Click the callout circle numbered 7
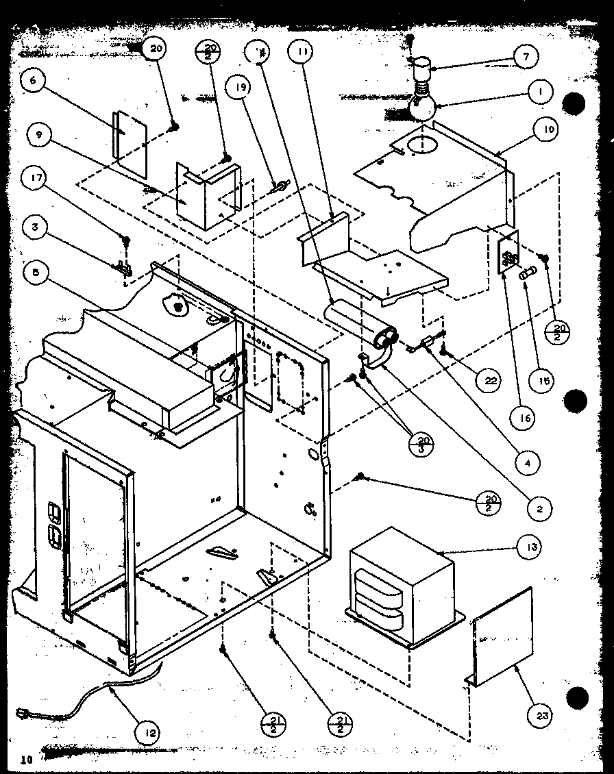point(526,57)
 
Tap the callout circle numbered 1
point(541,92)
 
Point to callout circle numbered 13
point(533,547)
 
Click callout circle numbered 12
point(150,733)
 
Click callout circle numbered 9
point(40,134)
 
